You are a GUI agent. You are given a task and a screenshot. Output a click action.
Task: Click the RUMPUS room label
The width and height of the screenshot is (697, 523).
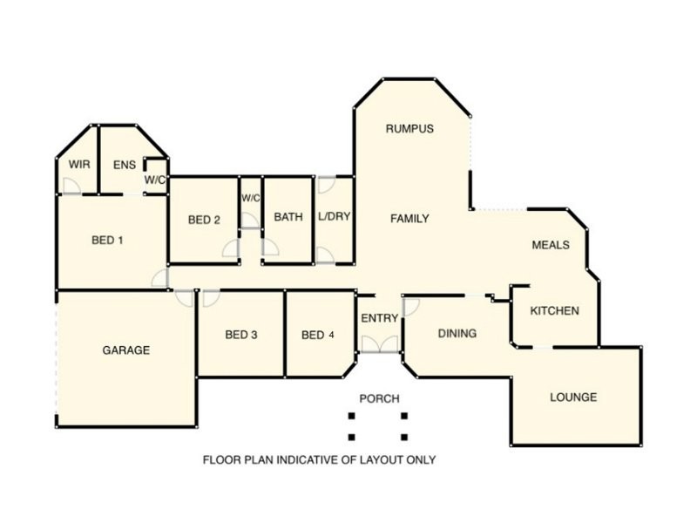click(409, 129)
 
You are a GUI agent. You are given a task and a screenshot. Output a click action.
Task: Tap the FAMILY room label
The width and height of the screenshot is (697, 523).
click(409, 219)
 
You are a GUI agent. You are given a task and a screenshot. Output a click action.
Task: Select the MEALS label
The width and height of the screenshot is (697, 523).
click(551, 245)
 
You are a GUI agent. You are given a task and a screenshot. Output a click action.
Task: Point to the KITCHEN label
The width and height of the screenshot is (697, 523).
click(555, 311)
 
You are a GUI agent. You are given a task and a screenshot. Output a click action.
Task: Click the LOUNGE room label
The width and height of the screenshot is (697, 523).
click(573, 397)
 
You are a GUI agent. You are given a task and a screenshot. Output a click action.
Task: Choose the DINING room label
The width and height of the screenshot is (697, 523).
click(457, 333)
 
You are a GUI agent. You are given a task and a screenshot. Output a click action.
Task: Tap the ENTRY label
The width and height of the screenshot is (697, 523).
click(379, 318)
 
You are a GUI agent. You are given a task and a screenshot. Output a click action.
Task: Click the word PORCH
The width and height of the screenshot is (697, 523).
click(379, 398)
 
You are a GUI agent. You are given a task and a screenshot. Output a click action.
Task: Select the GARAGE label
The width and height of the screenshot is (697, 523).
click(126, 350)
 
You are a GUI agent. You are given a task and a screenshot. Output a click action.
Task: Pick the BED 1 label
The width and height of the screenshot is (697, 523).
click(107, 240)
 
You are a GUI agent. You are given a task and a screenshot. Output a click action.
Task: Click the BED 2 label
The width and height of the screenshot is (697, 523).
click(204, 220)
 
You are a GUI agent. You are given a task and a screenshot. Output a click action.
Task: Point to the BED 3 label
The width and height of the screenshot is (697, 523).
click(241, 335)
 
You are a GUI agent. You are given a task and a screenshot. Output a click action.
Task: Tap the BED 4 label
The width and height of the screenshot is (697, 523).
click(318, 335)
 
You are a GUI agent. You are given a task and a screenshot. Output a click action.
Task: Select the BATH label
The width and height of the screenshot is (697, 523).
click(288, 217)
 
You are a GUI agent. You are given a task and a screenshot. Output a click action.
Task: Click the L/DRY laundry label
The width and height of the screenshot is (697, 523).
click(334, 217)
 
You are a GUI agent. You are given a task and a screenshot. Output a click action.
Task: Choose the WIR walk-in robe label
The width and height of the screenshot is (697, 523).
click(78, 164)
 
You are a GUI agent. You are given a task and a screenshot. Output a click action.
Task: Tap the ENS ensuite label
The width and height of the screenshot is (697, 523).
click(125, 164)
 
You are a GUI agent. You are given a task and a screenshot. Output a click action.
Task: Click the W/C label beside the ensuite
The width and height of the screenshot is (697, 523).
click(155, 180)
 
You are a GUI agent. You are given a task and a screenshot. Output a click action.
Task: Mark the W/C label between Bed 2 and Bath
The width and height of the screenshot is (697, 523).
click(251, 198)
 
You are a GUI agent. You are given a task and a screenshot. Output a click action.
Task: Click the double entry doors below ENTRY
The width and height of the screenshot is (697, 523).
click(379, 344)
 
